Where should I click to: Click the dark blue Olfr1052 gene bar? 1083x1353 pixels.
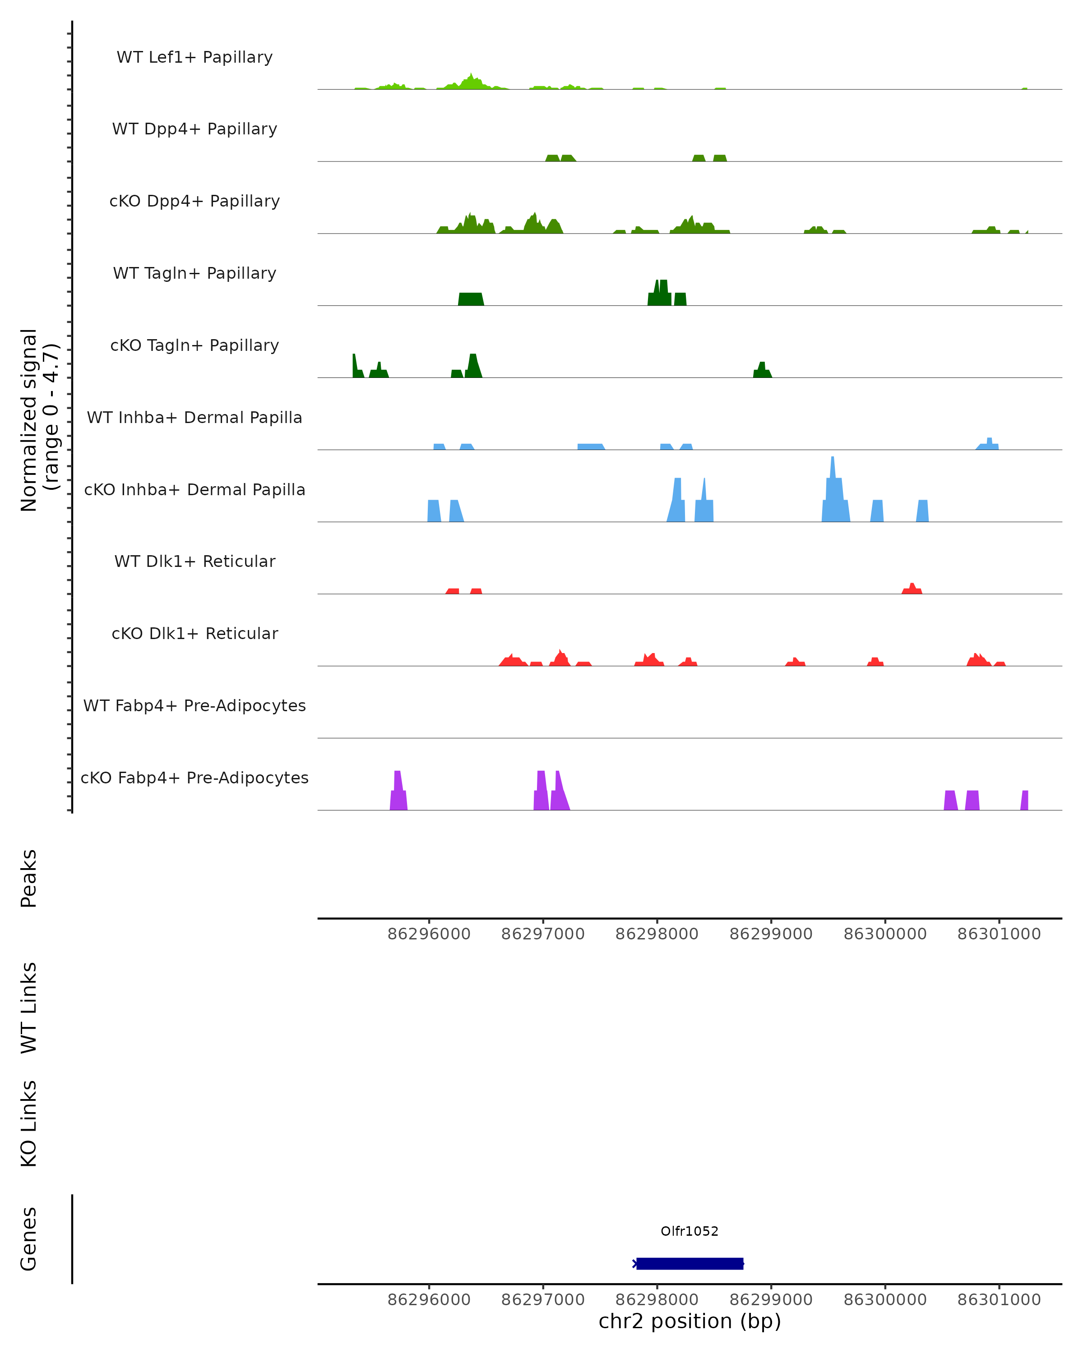(x=690, y=1263)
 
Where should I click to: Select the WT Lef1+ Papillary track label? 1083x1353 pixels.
(x=194, y=57)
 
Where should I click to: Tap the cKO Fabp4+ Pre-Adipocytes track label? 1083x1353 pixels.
(x=194, y=778)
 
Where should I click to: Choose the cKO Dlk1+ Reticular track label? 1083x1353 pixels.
(x=194, y=633)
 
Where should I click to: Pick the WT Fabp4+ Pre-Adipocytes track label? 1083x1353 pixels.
(x=194, y=705)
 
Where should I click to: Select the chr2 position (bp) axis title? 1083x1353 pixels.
(x=690, y=1321)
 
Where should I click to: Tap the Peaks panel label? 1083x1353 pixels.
(x=29, y=878)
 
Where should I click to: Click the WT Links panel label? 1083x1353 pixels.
(x=29, y=1007)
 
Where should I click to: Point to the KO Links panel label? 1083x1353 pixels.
(x=29, y=1123)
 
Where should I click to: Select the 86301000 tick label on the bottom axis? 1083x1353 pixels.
(x=999, y=1300)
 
